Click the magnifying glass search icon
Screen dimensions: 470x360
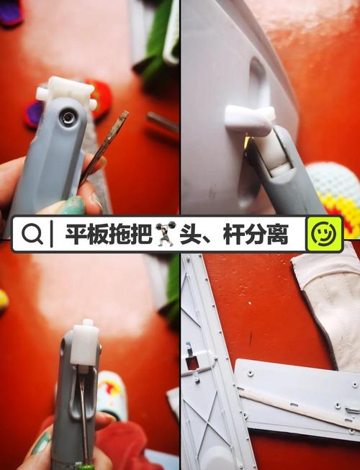click(31, 235)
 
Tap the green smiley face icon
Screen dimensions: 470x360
click(324, 234)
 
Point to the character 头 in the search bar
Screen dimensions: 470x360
click(190, 235)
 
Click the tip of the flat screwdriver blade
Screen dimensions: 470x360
click(125, 114)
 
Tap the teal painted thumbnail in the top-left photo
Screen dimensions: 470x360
click(72, 206)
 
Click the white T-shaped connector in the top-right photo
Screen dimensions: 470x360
click(248, 119)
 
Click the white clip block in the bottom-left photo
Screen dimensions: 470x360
click(84, 344)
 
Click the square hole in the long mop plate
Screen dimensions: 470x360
click(192, 363)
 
